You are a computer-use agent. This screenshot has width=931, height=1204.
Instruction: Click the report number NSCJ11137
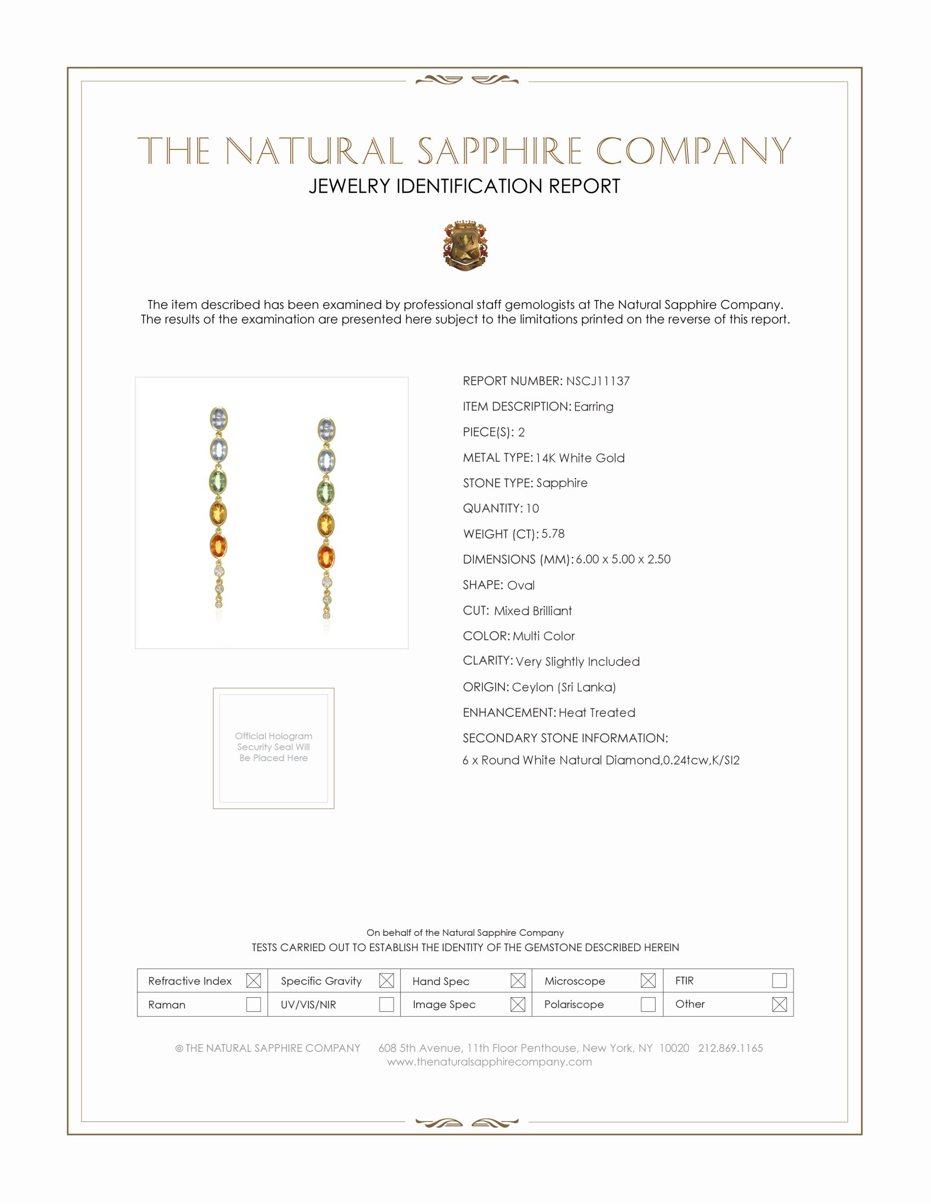(597, 381)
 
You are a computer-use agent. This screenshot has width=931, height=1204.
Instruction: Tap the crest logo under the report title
(465, 245)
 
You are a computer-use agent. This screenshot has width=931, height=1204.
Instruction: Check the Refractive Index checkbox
(253, 981)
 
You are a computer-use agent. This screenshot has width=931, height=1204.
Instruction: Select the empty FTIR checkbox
(779, 980)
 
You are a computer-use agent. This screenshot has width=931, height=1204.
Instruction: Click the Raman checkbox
(253, 1004)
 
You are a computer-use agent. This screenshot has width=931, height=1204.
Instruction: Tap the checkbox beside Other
(779, 1004)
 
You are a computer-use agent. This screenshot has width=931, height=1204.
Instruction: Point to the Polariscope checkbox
(648, 1004)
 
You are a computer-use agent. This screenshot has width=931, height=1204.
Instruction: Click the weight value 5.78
(553, 534)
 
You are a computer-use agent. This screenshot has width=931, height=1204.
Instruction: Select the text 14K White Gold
(579, 458)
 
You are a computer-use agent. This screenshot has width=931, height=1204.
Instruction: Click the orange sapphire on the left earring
(219, 546)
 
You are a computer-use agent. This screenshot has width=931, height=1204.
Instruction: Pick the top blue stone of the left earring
(219, 419)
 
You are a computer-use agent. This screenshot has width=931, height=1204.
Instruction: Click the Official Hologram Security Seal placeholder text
(274, 747)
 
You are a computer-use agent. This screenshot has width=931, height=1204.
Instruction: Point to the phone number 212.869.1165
(730, 1048)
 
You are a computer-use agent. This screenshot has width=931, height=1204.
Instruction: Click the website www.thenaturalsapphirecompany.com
(489, 1062)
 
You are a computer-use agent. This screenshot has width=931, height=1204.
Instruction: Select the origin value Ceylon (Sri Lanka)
(564, 687)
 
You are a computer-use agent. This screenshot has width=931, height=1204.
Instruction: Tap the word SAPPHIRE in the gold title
(499, 151)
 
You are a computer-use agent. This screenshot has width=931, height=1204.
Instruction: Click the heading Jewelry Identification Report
(464, 186)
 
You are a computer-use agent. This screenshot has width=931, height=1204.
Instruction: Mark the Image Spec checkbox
(518, 1004)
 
